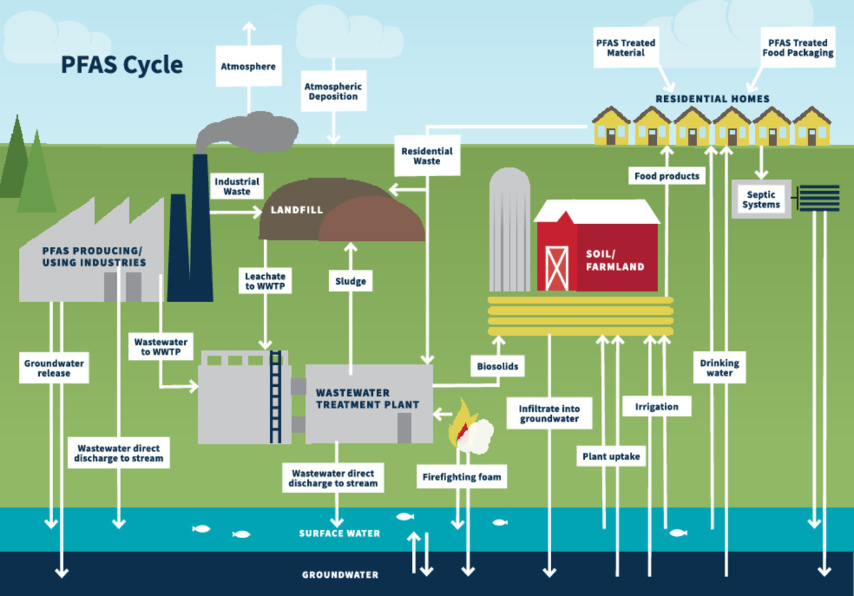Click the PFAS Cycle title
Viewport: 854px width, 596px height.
tap(122, 65)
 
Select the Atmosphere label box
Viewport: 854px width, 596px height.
tap(248, 66)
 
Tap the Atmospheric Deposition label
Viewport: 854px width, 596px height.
tap(333, 91)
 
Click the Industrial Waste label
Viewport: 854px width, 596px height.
tap(237, 186)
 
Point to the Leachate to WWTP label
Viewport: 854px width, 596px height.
tap(265, 281)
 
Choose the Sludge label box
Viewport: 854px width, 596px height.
tap(351, 281)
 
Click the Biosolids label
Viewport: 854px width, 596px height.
tap(497, 367)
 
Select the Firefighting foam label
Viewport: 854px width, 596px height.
tap(462, 477)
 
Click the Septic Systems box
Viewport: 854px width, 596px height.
tap(761, 199)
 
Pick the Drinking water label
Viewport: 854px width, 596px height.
tap(719, 367)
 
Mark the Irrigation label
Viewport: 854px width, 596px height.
tap(656, 406)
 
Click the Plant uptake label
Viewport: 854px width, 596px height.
tap(611, 457)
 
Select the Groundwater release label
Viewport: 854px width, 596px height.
tap(54, 368)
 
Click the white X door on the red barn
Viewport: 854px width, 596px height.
tap(557, 268)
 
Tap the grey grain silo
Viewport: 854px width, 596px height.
tap(509, 229)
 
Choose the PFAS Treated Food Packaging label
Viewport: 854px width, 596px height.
tap(797, 47)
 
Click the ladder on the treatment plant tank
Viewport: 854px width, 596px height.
tap(275, 397)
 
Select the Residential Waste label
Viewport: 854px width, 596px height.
tap(427, 156)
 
